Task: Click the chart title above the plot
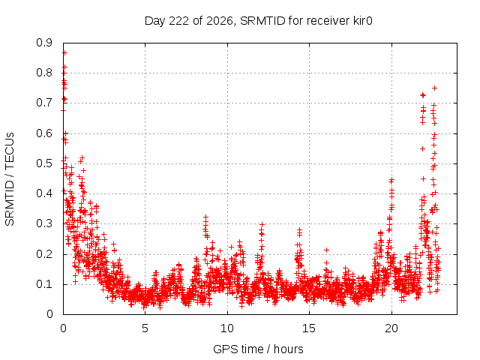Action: point(258,21)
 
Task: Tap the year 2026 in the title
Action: point(220,21)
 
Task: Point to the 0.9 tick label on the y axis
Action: point(44,43)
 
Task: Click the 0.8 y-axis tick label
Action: point(44,73)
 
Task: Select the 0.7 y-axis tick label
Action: point(44,103)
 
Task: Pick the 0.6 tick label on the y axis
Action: point(44,133)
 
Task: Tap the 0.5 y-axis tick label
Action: point(44,163)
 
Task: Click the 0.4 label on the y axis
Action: point(44,193)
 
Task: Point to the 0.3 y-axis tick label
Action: point(44,223)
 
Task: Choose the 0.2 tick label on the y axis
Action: point(44,253)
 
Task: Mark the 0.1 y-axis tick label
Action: point(44,283)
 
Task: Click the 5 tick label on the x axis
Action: point(145,328)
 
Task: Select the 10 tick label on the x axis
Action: point(227,328)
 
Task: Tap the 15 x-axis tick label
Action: point(309,328)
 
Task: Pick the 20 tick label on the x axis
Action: point(391,328)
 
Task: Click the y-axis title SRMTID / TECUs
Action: point(10,178)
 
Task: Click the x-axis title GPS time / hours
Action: point(258,349)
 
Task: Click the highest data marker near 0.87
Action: point(64,53)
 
